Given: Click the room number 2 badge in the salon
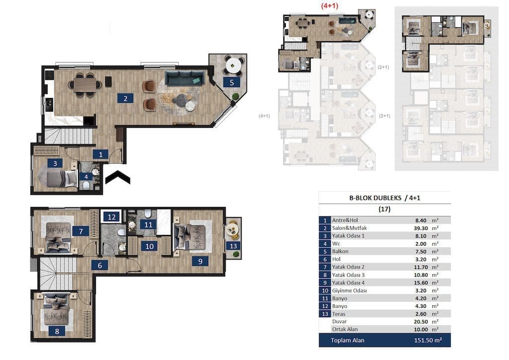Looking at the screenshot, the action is [125, 98].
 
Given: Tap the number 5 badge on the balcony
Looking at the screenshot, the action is [232, 83].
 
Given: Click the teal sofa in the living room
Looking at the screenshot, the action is [185, 78].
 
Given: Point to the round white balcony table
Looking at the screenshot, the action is [234, 66].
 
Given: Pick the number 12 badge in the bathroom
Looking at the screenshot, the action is [111, 217].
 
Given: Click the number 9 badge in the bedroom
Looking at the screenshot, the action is [200, 261].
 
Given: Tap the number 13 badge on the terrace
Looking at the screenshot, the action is [233, 246].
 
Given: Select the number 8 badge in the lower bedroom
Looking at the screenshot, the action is [57, 331].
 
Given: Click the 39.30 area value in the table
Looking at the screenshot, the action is [421, 228].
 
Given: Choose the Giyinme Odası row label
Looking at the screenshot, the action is [349, 290].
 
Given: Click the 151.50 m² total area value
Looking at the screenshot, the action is [428, 340].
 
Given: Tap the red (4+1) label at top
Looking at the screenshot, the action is [330, 5].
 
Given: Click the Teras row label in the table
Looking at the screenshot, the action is [339, 314].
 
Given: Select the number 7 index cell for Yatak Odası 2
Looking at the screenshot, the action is [325, 267].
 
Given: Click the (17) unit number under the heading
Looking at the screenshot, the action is [384, 209].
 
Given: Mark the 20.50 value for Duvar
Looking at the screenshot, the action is [421, 322].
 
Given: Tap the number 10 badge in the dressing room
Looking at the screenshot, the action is [149, 247].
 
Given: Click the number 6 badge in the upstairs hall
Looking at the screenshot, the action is [99, 266].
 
